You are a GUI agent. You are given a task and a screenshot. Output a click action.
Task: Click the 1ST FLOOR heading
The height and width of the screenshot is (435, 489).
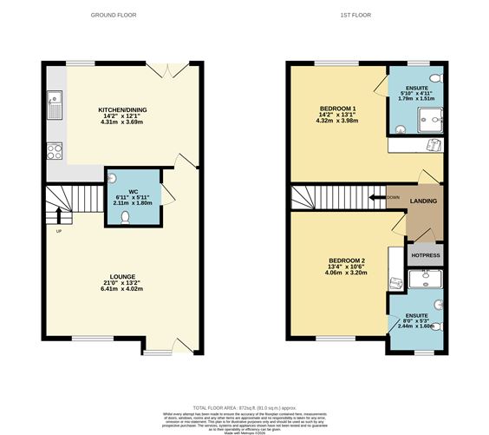pyautogui.click(x=363, y=15)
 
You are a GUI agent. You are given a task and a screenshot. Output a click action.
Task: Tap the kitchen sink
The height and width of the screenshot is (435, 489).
pyautogui.click(x=54, y=105)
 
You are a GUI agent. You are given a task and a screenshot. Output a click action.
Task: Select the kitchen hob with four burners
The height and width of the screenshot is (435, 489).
pyautogui.click(x=54, y=151)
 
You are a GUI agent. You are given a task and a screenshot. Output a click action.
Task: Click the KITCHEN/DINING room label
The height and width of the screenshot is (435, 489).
pyautogui.click(x=121, y=110)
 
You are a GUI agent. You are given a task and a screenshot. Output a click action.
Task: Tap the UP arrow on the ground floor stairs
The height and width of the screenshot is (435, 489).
pyautogui.click(x=59, y=216)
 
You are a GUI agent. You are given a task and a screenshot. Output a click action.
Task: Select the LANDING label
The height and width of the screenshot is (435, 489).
pyautogui.click(x=424, y=201)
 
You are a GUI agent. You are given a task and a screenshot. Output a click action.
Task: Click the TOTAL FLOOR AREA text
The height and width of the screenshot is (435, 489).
pyautogui.click(x=244, y=407)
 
